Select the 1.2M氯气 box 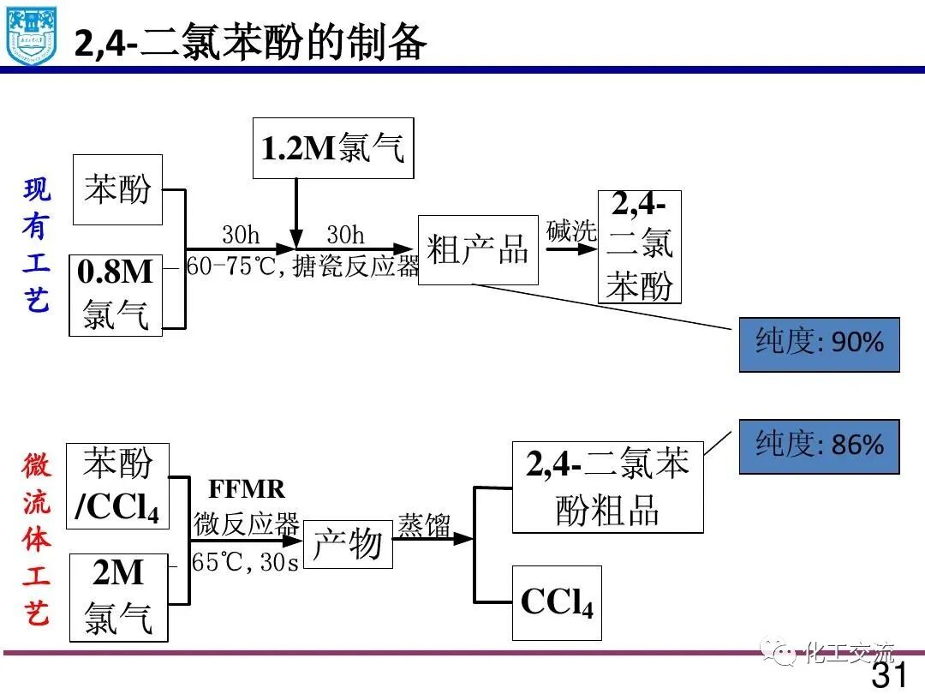332,148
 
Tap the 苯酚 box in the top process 117,189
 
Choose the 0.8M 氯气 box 116,295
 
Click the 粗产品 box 478,250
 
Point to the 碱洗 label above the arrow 570,230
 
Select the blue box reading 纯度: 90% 819,344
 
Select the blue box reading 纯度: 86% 819,446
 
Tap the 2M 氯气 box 118,597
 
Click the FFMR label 247,489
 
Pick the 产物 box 347,543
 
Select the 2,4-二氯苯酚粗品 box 607,488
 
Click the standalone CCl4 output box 557,602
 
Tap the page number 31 889,673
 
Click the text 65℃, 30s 246,563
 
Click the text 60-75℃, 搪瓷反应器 303,267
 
